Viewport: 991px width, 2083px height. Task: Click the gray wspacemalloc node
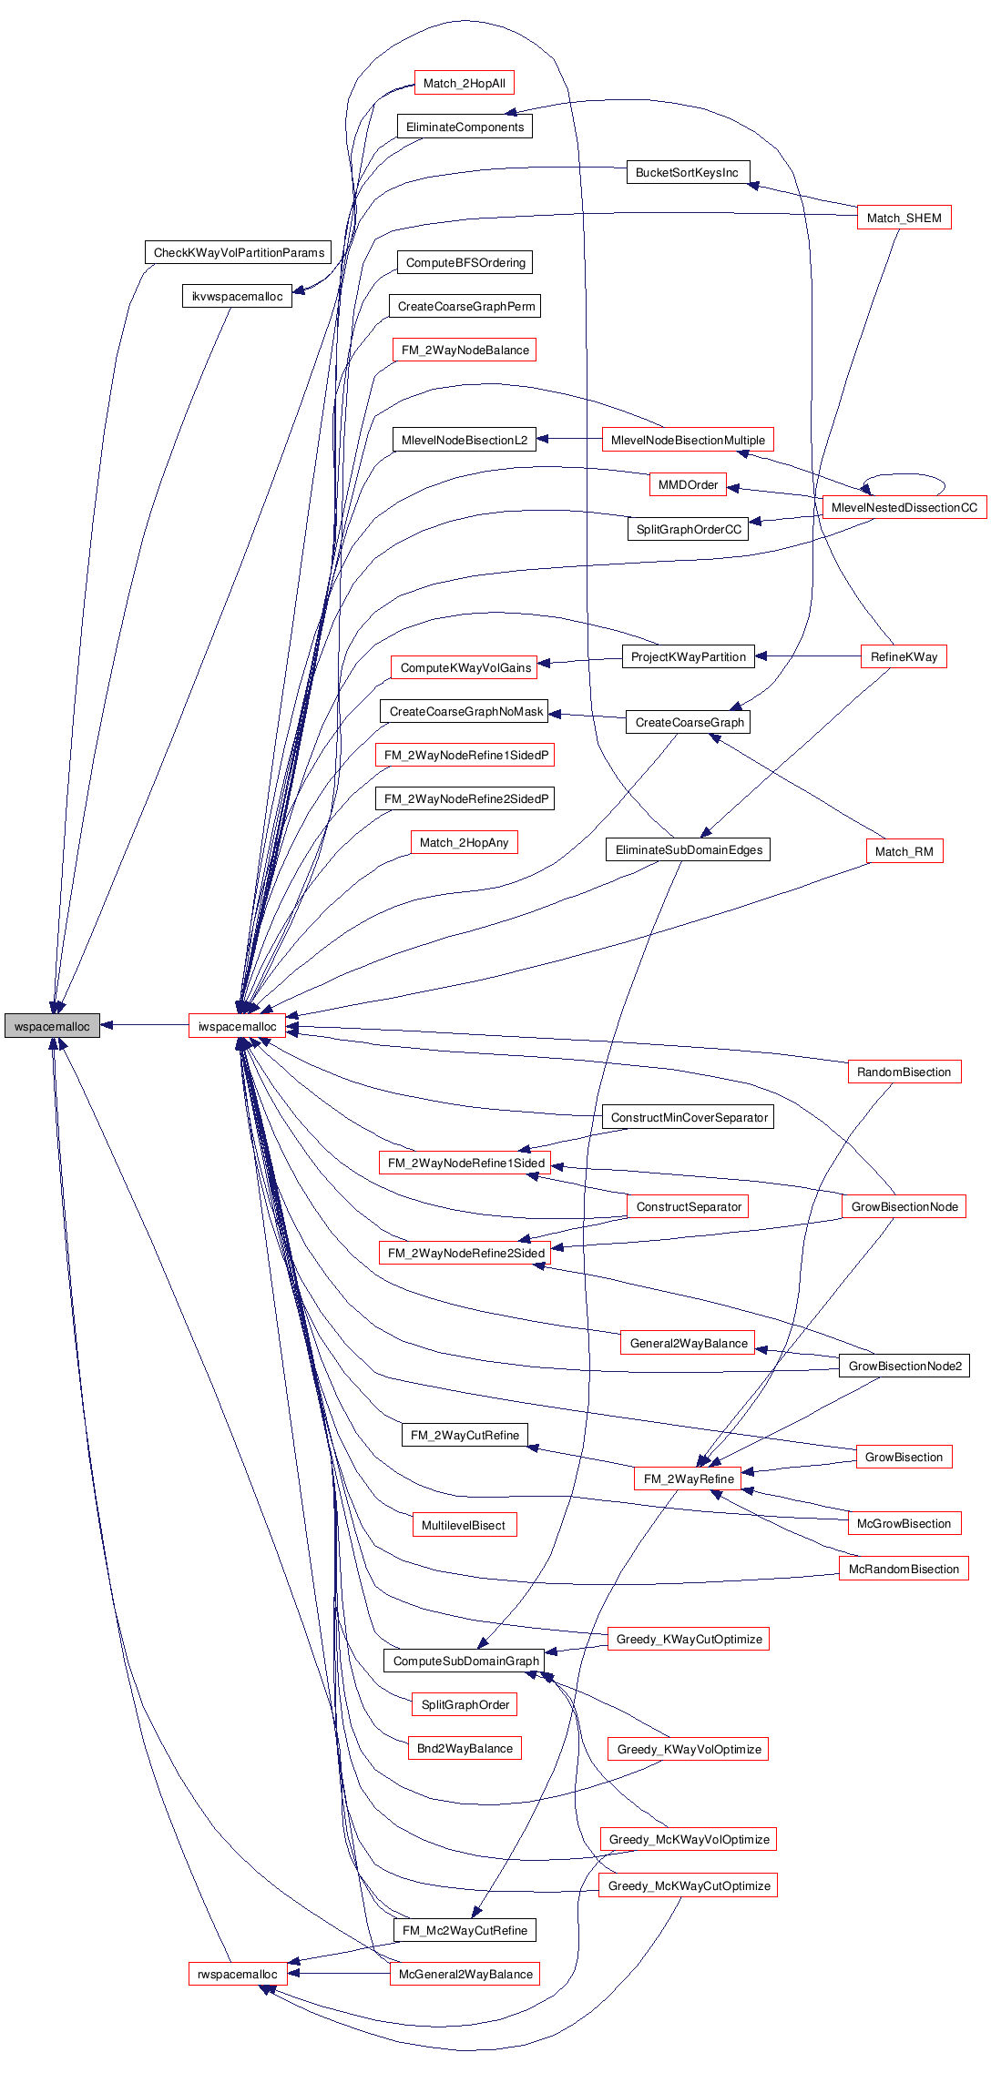point(52,1026)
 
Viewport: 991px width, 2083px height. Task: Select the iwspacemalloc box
point(237,1026)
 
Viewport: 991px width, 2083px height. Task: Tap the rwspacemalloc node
point(237,1974)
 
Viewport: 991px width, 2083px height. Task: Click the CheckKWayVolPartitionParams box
point(239,252)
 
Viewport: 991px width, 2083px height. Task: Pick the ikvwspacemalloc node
point(237,296)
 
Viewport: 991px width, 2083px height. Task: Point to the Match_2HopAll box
point(464,83)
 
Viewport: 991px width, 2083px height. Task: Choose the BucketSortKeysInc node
point(687,172)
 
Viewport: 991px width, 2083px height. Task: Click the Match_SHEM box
point(904,218)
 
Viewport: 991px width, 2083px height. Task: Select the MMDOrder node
point(688,484)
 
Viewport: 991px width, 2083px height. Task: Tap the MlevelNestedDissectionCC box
point(904,507)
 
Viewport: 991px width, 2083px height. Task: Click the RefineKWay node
point(904,656)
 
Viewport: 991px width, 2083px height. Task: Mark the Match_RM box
point(904,851)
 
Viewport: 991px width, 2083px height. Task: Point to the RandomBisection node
point(904,1072)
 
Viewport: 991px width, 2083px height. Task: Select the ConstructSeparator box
point(688,1206)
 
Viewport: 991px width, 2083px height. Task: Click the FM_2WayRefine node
point(688,1478)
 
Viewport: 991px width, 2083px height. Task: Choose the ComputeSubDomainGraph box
point(465,1661)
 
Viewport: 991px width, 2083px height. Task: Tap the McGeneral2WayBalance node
point(465,1974)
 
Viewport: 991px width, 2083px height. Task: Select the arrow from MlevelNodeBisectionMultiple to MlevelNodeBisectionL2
point(569,440)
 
